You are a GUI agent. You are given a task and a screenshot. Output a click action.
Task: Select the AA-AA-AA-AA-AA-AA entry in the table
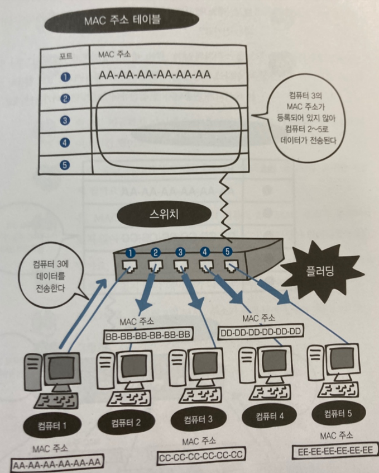155,74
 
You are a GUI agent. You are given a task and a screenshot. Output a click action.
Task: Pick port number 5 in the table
65,164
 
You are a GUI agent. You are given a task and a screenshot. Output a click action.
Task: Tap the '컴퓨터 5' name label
337,414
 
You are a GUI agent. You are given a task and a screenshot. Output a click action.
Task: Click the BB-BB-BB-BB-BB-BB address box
148,336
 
